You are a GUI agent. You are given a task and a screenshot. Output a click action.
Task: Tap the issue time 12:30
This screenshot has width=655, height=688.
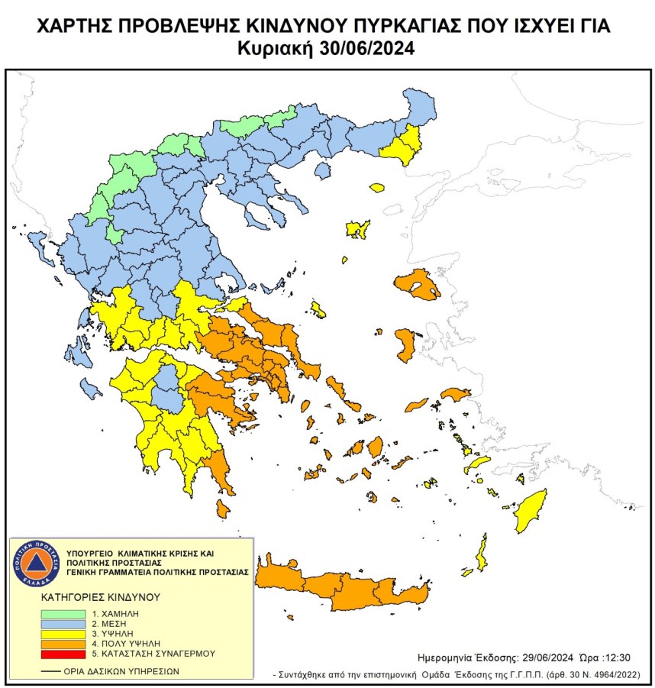pos(616,657)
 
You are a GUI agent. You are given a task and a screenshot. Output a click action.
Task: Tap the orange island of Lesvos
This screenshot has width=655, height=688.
pos(418,287)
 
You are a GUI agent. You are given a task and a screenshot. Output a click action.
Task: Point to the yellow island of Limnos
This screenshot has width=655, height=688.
pos(357,228)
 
